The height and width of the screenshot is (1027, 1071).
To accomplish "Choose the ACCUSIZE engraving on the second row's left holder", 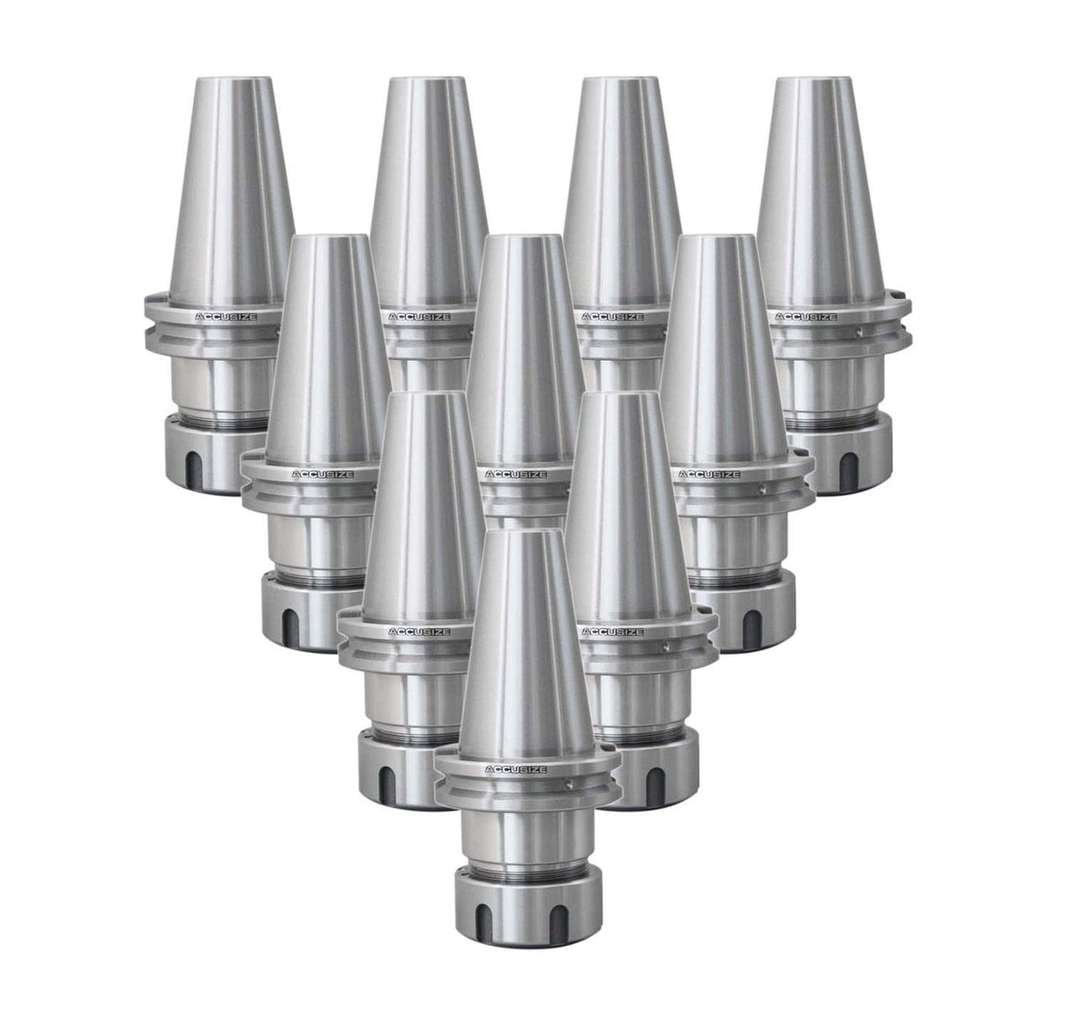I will (323, 474).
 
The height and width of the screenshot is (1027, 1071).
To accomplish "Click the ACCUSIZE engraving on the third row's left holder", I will (419, 633).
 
